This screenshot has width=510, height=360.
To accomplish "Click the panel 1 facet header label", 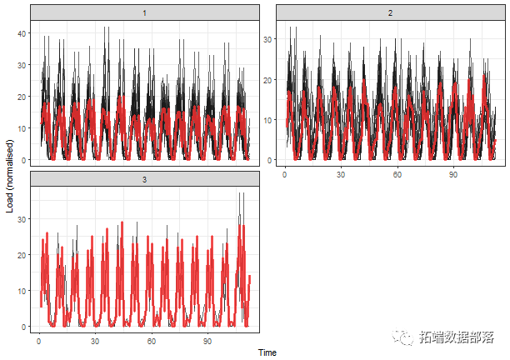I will [x=145, y=12].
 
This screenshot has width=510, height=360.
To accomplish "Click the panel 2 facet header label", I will [x=390, y=12].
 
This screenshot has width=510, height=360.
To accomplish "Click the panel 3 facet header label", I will [x=145, y=179].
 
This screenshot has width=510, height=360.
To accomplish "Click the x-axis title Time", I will [x=267, y=352].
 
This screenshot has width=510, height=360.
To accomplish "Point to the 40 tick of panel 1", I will [x=22, y=32].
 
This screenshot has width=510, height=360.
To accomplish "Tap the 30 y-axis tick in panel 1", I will [x=22, y=64].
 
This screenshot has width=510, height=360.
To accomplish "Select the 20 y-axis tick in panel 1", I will [x=22, y=96].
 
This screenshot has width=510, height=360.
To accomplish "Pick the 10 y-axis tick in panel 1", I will [x=22, y=127].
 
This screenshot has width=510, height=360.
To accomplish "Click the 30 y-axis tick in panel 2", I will [x=269, y=38].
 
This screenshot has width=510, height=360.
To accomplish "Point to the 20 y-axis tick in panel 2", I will [x=269, y=79].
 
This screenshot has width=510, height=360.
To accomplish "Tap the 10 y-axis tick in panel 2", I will [x=269, y=119].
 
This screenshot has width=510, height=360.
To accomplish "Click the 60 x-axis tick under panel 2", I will [x=397, y=175].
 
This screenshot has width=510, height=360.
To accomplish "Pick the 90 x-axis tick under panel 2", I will [x=454, y=175].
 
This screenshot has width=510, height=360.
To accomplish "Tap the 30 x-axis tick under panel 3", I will [x=95, y=342].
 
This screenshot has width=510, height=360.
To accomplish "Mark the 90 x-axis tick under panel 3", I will [x=207, y=342].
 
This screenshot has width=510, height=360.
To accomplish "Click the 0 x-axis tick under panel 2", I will [x=285, y=175].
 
